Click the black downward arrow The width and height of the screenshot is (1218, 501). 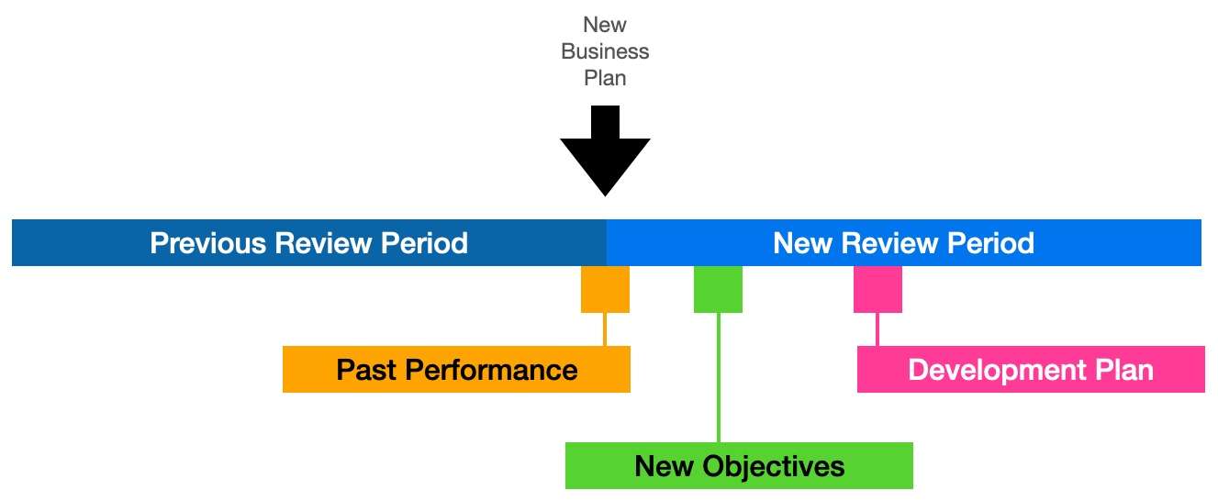coord(605,150)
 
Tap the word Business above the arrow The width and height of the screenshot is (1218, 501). coord(605,51)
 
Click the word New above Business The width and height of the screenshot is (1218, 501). coord(605,25)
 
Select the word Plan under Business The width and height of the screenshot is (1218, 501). coord(605,78)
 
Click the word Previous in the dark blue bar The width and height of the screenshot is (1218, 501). coord(208,243)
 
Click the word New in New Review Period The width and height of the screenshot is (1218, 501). coord(802,243)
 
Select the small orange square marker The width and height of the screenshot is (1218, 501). coord(605,289)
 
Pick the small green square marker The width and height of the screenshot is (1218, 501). coord(718,289)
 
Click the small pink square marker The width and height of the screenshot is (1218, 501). coord(877,289)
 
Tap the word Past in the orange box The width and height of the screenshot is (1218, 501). coord(366,370)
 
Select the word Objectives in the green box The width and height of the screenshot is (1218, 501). coord(773,467)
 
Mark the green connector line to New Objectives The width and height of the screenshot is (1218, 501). coord(719,378)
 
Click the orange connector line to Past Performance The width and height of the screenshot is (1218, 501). coord(605,329)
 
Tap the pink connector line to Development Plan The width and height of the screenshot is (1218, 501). coord(877,329)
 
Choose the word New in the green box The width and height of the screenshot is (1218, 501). coord(664,466)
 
